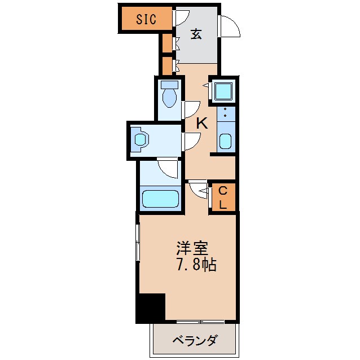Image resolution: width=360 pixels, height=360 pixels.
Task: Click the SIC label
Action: (146, 19)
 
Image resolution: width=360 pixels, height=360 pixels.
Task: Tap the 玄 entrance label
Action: (196, 34)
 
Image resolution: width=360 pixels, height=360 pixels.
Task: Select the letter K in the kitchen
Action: (201, 123)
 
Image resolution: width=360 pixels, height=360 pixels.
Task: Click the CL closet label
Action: (223, 197)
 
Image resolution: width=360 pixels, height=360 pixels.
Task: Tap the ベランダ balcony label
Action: (194, 341)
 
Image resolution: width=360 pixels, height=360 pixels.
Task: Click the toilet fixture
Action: (169, 94)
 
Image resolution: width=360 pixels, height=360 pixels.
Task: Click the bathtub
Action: (160, 199)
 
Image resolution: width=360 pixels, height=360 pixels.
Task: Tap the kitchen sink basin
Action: (225, 141)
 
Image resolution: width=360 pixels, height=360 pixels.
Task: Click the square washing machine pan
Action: (223, 90)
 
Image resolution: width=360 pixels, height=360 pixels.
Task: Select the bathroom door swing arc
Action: (168, 167)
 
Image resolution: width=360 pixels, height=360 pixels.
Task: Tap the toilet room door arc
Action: (191, 108)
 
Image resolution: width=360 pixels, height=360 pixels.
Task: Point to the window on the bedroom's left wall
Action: (138, 243)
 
